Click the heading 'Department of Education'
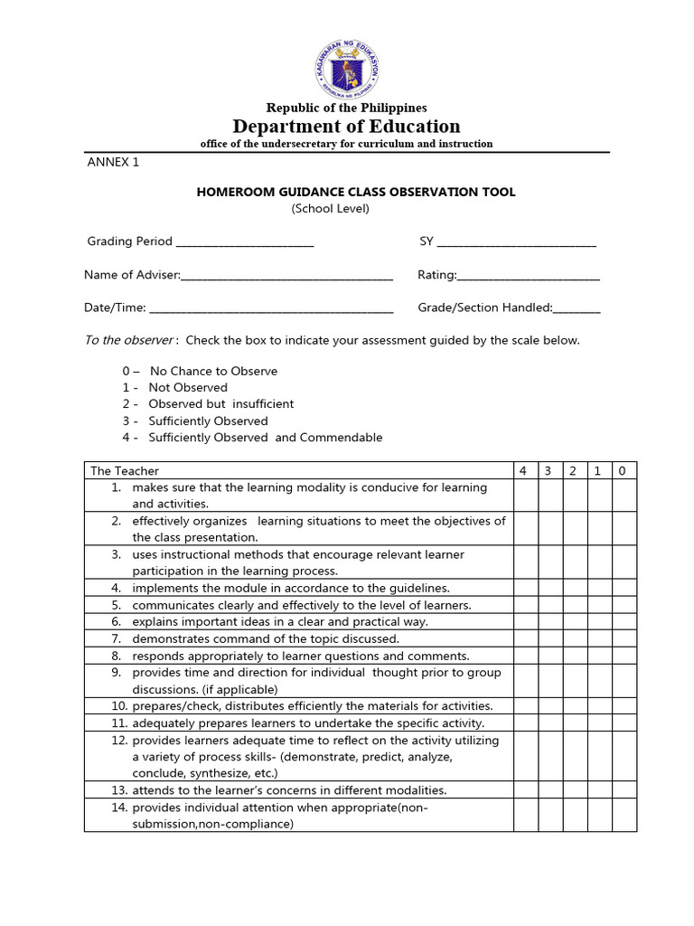point(346,126)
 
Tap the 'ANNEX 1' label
point(113,163)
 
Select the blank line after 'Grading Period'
point(245,243)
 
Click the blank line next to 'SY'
point(516,243)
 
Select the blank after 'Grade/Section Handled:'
point(577,309)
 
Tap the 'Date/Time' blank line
point(271,309)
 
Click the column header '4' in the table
point(525,470)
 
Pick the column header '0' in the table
point(624,470)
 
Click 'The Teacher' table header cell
point(125,470)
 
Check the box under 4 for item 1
point(525,496)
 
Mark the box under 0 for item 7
point(624,638)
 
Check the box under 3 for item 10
point(549,705)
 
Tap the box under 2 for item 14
point(574,816)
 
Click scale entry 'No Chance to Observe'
point(213,371)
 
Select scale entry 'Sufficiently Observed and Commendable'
point(265,438)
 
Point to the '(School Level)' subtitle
point(330,209)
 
